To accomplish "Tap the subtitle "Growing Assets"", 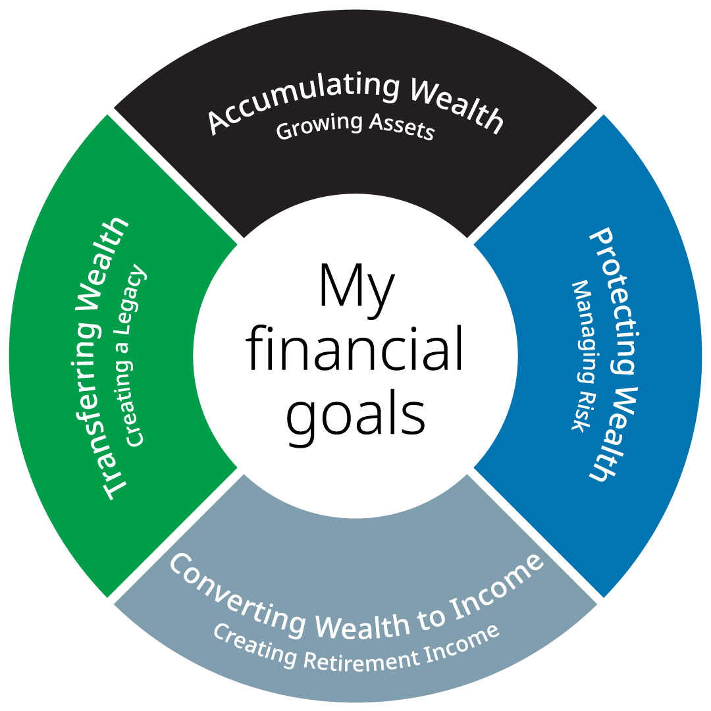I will click(355, 127).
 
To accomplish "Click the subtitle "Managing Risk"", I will click(583, 355).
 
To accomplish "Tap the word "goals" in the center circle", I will click(355, 415).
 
